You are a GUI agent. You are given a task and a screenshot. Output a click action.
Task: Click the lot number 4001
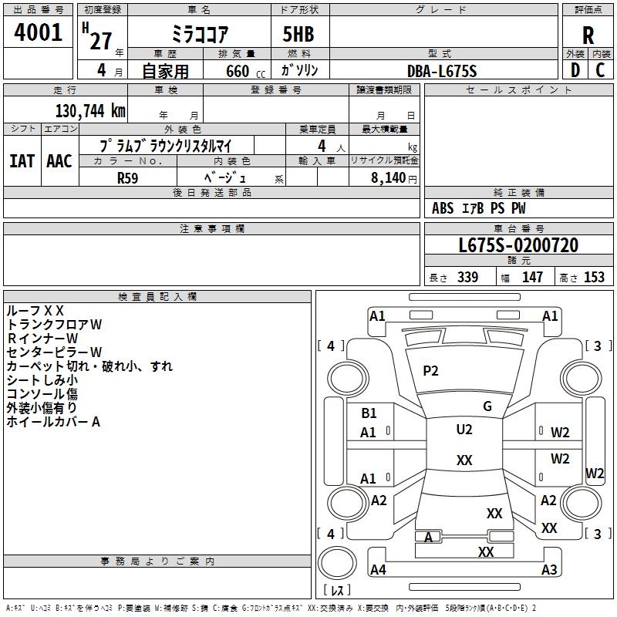tap(39, 33)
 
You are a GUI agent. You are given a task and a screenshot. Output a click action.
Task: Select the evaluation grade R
tap(588, 35)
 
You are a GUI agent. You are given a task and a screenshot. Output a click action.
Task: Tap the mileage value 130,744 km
tap(90, 111)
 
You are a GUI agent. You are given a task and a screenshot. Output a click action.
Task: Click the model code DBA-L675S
tap(442, 71)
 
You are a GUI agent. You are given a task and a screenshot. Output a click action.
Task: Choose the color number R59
tap(129, 177)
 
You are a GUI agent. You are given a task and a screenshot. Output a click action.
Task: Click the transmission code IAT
tap(22, 160)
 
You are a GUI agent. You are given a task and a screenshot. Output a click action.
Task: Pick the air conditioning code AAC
tap(59, 160)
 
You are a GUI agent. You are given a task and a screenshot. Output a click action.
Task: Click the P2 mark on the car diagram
tap(430, 371)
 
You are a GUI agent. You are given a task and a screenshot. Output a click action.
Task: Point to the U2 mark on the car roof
tap(464, 430)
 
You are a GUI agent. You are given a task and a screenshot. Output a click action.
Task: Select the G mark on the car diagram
tap(487, 406)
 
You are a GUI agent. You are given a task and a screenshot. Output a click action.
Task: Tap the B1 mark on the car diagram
tap(369, 413)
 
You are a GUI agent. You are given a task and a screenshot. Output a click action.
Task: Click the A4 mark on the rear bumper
tap(378, 570)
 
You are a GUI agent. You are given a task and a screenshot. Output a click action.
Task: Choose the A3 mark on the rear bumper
tap(549, 570)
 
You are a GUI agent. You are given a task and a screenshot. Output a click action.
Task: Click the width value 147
tap(532, 278)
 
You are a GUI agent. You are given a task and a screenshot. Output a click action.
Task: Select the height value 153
tap(594, 278)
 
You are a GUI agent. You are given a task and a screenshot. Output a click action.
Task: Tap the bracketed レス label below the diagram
tap(337, 591)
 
